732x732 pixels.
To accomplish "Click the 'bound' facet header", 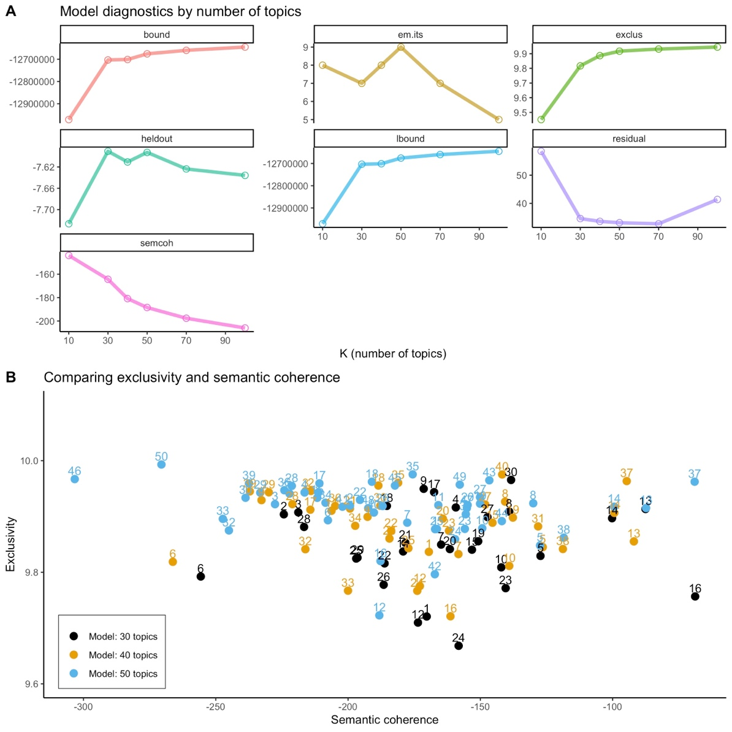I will coord(157,35).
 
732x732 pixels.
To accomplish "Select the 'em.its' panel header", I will coord(410,35).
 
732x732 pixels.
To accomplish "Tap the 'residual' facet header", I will coord(629,139).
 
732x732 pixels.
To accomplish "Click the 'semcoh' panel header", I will coord(157,243).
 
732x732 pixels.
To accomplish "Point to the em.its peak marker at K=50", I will coord(401,47).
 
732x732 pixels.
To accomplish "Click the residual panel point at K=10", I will coord(541,151).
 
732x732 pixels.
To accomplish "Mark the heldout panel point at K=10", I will coord(69,224).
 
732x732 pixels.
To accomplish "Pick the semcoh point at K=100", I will coord(245,328).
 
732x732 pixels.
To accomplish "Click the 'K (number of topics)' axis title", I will coord(393,354).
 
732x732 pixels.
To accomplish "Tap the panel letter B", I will coord(10,378).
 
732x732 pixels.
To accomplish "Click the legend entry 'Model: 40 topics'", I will coord(123,655).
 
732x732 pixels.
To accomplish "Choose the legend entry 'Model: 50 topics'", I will coord(123,674).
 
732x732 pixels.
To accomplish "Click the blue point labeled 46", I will coord(75,479).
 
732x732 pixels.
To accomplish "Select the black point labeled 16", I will coord(695,597).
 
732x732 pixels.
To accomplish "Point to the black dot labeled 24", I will coord(459,646).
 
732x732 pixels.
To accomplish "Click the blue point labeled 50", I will coord(161,465).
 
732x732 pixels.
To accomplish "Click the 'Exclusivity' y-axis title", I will coord(10,544).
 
